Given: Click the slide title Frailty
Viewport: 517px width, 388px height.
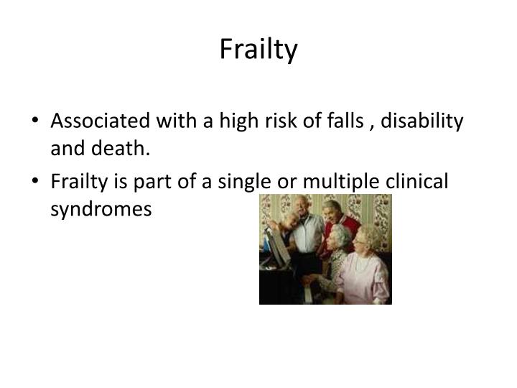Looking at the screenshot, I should pyautogui.click(x=258, y=50).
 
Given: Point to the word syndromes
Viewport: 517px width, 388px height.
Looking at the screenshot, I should pyautogui.click(x=101, y=208).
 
